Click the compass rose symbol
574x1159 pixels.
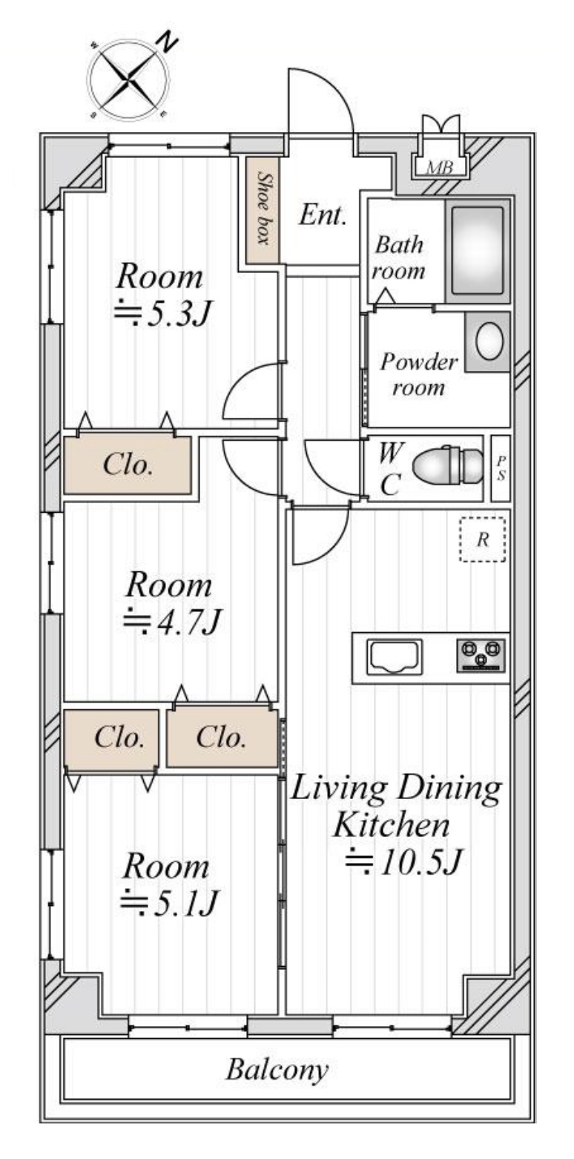(128, 80)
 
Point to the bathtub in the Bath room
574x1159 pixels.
(478, 251)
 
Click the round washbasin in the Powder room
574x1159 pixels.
(489, 342)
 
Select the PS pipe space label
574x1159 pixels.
(501, 469)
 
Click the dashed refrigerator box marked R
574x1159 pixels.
(483, 539)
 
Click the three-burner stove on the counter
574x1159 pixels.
(481, 656)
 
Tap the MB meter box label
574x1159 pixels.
(440, 167)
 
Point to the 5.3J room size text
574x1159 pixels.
(163, 313)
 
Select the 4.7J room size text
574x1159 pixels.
(172, 621)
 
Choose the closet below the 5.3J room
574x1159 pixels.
(128, 465)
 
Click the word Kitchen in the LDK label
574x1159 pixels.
(392, 825)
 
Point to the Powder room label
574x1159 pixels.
(419, 374)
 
